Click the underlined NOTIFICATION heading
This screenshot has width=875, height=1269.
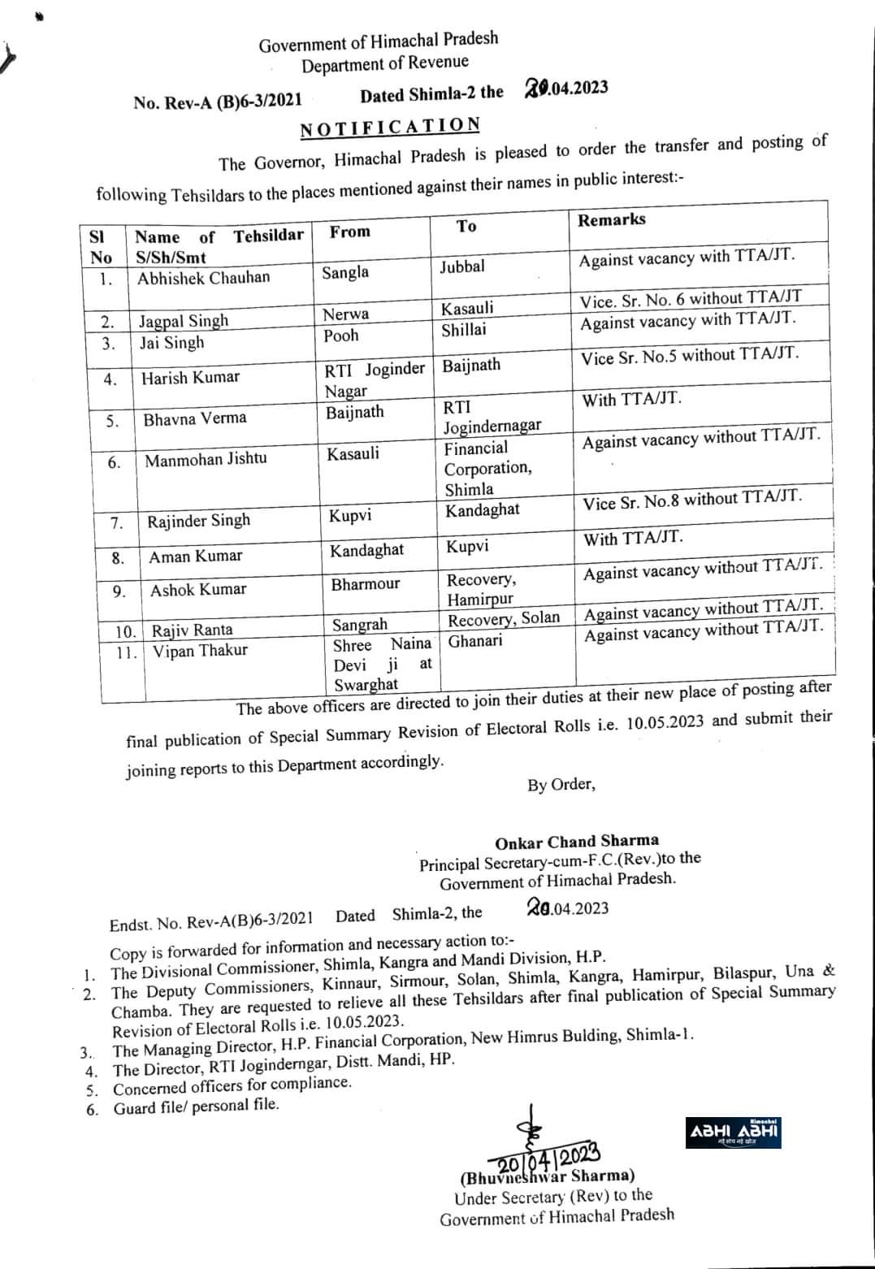(x=390, y=128)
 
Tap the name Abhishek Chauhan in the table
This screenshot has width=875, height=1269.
(x=203, y=278)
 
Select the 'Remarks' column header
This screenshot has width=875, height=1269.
(x=612, y=219)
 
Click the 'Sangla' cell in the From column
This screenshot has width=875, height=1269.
(x=345, y=272)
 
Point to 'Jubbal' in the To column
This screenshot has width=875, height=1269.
(x=462, y=266)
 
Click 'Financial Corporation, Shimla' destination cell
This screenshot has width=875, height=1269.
(x=487, y=468)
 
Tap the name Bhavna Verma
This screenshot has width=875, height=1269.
(x=195, y=419)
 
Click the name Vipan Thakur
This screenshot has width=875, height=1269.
(x=199, y=650)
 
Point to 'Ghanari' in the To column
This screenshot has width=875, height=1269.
(x=475, y=641)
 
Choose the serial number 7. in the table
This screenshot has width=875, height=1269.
(x=117, y=522)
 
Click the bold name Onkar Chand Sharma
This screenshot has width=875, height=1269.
(x=577, y=841)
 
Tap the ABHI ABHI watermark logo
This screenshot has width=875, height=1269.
(x=734, y=1132)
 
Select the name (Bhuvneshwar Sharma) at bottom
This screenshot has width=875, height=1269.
(x=548, y=1176)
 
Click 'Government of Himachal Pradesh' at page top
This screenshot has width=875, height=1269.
(x=379, y=42)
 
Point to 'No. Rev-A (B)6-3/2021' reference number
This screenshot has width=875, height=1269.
(x=218, y=102)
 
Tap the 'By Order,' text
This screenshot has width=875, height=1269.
(x=561, y=785)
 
